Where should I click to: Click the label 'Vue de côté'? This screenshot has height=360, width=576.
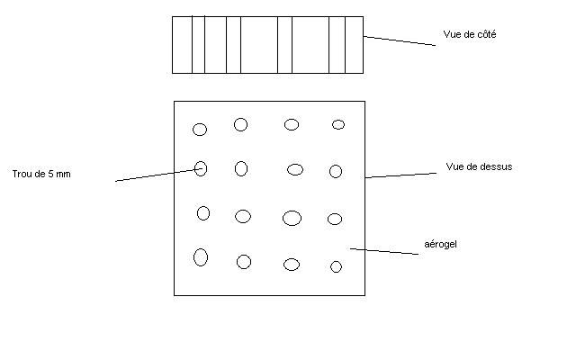point(470,35)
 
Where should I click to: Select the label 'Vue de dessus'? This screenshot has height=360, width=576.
point(479,166)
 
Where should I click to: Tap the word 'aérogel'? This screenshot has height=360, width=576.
point(441,244)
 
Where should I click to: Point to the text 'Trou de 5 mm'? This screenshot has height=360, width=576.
point(41,174)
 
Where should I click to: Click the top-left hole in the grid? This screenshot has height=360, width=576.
point(200,130)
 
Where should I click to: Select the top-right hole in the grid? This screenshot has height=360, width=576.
point(338,124)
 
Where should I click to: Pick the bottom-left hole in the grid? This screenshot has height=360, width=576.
point(201,257)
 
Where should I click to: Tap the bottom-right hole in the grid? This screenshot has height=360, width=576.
point(336,266)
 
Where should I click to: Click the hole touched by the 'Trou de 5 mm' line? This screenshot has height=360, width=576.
point(201,168)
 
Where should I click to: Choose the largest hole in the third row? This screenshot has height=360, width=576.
point(292,218)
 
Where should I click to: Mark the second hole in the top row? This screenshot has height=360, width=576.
point(241,124)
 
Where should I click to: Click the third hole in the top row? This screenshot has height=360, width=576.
point(292,124)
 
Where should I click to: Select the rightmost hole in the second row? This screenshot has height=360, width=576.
point(336,171)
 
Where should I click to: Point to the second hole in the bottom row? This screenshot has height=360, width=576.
point(244,262)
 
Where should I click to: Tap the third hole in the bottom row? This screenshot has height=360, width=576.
point(292,264)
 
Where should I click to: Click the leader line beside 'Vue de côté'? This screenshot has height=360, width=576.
point(400,40)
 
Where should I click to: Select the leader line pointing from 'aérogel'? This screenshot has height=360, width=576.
point(384,251)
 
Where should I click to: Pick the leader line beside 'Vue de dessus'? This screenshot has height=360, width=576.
point(401,174)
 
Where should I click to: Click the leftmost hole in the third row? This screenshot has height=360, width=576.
point(203,213)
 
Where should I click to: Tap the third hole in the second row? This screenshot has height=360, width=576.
point(295,169)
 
